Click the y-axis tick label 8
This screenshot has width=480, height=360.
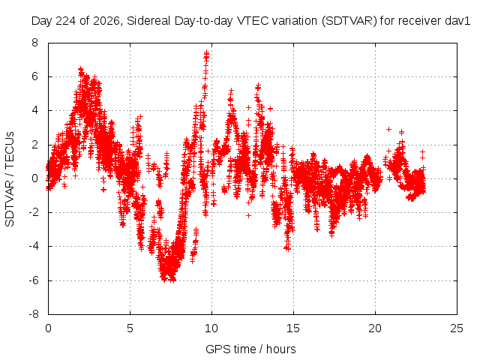point(35,43)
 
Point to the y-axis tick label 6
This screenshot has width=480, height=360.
point(35,76)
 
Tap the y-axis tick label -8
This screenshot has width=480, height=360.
point(33,314)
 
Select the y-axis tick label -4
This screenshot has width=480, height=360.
point(33,246)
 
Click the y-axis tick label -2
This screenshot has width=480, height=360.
point(33,212)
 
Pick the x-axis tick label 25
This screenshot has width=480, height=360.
point(457,328)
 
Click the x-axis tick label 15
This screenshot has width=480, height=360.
point(293,328)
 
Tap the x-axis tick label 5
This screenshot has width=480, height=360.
point(130,328)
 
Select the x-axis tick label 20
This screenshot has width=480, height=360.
point(375,328)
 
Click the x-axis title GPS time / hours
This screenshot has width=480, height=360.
point(250,349)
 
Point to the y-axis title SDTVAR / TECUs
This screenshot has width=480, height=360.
point(10,179)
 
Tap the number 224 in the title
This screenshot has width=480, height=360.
point(67,21)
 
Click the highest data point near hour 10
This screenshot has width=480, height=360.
point(207,52)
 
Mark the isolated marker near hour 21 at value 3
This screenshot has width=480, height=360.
point(388,129)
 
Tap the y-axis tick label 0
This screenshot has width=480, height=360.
point(35,178)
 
